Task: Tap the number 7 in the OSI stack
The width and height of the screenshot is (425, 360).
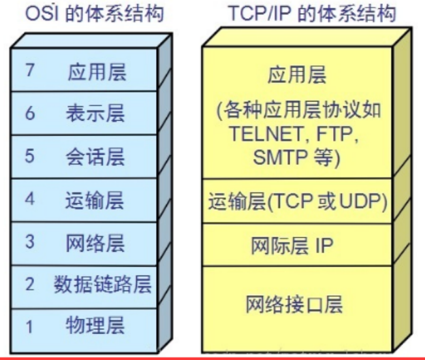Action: click(x=29, y=71)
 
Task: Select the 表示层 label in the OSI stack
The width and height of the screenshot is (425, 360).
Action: click(x=96, y=113)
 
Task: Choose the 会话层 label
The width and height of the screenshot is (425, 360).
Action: click(x=96, y=157)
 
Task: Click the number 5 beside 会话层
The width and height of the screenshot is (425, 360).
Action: click(x=29, y=157)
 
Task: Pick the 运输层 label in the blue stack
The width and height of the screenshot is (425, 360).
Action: click(x=96, y=199)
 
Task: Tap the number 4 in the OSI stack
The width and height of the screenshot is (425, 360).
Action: click(x=29, y=200)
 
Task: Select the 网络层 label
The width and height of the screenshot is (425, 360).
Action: click(x=96, y=242)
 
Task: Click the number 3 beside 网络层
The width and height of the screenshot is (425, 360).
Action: click(x=29, y=243)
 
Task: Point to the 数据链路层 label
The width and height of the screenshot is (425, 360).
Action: click(x=103, y=284)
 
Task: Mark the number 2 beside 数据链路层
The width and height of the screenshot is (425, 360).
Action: click(x=29, y=285)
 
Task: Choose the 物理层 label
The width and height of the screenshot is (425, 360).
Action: click(x=96, y=325)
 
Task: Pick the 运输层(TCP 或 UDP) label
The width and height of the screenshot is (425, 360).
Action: click(x=298, y=201)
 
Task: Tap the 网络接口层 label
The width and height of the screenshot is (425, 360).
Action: click(x=294, y=304)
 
